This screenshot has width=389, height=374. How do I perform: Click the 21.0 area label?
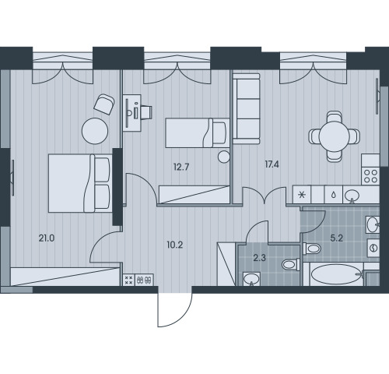point(47,238)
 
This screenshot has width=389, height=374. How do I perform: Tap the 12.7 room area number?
point(181,167)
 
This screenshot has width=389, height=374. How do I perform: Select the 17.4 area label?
point(272,164)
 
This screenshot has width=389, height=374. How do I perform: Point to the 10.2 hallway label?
point(175,245)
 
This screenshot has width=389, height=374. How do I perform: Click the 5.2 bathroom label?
point(337,238)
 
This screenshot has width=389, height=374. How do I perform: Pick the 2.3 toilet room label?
point(260,258)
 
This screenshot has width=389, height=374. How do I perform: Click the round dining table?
point(335,136)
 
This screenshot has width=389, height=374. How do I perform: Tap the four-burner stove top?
point(370,176)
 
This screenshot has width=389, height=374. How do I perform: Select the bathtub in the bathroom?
point(336,275)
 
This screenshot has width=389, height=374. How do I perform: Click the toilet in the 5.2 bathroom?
point(311,249)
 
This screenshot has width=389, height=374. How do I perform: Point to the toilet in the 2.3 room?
point(291,265)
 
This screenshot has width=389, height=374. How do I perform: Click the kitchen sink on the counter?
point(352,195)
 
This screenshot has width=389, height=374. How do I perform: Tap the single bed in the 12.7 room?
point(198,133)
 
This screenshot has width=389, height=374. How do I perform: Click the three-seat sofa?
point(247,108)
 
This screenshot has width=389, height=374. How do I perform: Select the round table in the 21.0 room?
point(95,131)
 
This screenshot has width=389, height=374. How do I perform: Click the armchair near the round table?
point(104,104)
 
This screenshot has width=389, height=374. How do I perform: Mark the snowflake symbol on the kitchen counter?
point(302,195)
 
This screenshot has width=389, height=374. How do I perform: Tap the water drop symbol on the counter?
point(334,195)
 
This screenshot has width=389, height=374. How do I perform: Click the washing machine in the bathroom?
point(373,248)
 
